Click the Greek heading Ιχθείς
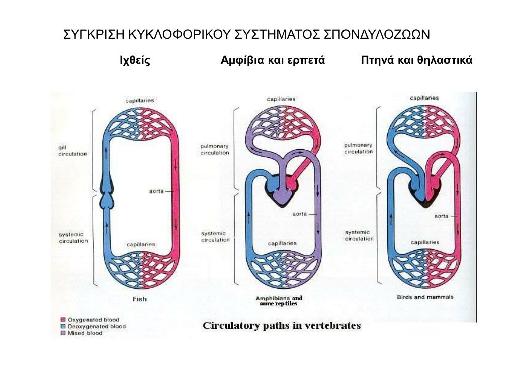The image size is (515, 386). (x=135, y=61)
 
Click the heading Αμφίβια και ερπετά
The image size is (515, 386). (x=273, y=61)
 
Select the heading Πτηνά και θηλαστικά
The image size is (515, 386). (x=416, y=61)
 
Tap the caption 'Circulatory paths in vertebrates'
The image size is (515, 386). (x=282, y=326)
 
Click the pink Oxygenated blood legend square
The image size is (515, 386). (x=63, y=320)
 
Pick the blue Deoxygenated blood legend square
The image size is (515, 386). (x=63, y=326)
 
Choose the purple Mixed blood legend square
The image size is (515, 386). (x=63, y=333)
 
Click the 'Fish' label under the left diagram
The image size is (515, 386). (x=139, y=299)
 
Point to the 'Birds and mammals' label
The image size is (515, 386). (x=425, y=297)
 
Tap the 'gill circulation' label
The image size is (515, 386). (x=72, y=151)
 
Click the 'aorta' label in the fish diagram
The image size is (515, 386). (x=156, y=191)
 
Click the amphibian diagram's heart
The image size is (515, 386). (x=279, y=194)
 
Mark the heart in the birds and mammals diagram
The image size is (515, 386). (x=425, y=194)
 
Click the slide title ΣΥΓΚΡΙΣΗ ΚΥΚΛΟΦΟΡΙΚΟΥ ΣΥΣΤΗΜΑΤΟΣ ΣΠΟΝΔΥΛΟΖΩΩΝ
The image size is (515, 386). (x=246, y=35)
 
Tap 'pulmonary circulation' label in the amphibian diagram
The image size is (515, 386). (x=215, y=149)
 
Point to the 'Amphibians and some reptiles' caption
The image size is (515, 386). (x=279, y=301)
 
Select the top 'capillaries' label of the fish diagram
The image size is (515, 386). (x=140, y=101)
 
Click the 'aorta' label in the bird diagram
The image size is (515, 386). (x=441, y=217)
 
